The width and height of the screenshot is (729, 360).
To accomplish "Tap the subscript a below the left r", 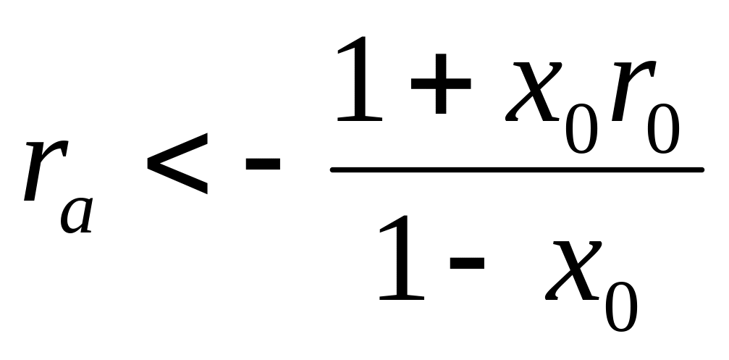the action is point(77,212).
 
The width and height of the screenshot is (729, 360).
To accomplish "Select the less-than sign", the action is point(177,164).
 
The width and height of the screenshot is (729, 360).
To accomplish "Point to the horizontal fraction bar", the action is point(517,171).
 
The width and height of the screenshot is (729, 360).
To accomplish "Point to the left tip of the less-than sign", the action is point(148,164).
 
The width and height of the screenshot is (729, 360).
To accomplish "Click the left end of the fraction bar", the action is point(334,171).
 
